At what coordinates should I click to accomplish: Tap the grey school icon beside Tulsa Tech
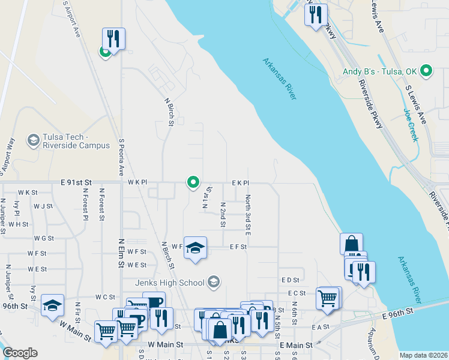click(x=34, y=141)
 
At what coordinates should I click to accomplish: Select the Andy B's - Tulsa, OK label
click(x=379, y=71)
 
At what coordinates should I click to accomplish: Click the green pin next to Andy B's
click(x=427, y=71)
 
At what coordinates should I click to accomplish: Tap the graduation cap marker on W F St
click(x=195, y=247)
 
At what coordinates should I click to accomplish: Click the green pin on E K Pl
click(x=193, y=181)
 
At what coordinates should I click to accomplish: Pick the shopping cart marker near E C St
click(x=327, y=297)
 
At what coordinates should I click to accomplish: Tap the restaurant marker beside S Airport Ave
click(x=113, y=39)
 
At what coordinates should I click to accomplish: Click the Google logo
click(x=19, y=353)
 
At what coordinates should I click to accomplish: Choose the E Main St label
click(x=296, y=346)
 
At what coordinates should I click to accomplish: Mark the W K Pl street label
click(x=137, y=182)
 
